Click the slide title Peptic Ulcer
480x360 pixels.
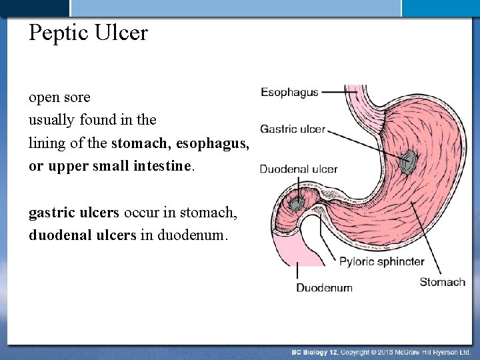point(88,33)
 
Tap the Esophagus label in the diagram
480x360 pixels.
point(289,92)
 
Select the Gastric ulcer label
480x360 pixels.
point(292,129)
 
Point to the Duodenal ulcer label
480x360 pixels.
point(298,169)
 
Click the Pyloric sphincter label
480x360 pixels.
point(381,261)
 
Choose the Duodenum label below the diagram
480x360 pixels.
point(324,288)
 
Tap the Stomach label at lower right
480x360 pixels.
point(442,282)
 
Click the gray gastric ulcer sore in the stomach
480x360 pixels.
point(407,161)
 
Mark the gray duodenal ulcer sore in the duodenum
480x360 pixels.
point(295,201)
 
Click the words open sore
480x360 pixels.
point(59,97)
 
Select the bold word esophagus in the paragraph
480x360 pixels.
point(216,143)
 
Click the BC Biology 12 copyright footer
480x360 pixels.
point(381,351)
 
